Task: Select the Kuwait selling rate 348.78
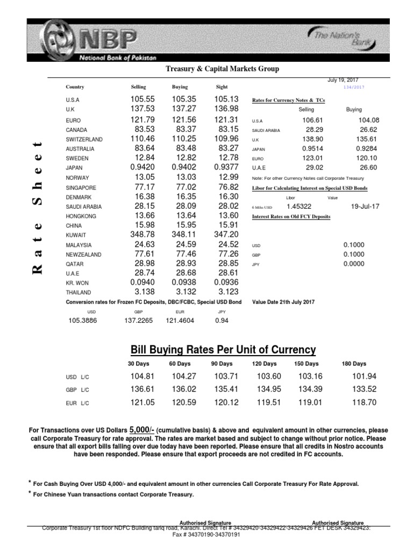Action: tap(143, 235)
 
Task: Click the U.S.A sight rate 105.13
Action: tap(226, 100)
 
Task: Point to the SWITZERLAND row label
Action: tap(84, 139)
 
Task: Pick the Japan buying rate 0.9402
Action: tap(184, 168)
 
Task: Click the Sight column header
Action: tap(222, 87)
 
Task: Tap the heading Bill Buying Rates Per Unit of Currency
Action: tap(222, 350)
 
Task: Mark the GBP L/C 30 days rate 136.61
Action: tap(143, 389)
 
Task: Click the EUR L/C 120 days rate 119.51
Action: tap(267, 402)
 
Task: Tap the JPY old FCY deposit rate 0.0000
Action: tap(353, 264)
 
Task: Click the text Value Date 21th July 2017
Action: tap(283, 302)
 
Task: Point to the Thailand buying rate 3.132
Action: tap(184, 292)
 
